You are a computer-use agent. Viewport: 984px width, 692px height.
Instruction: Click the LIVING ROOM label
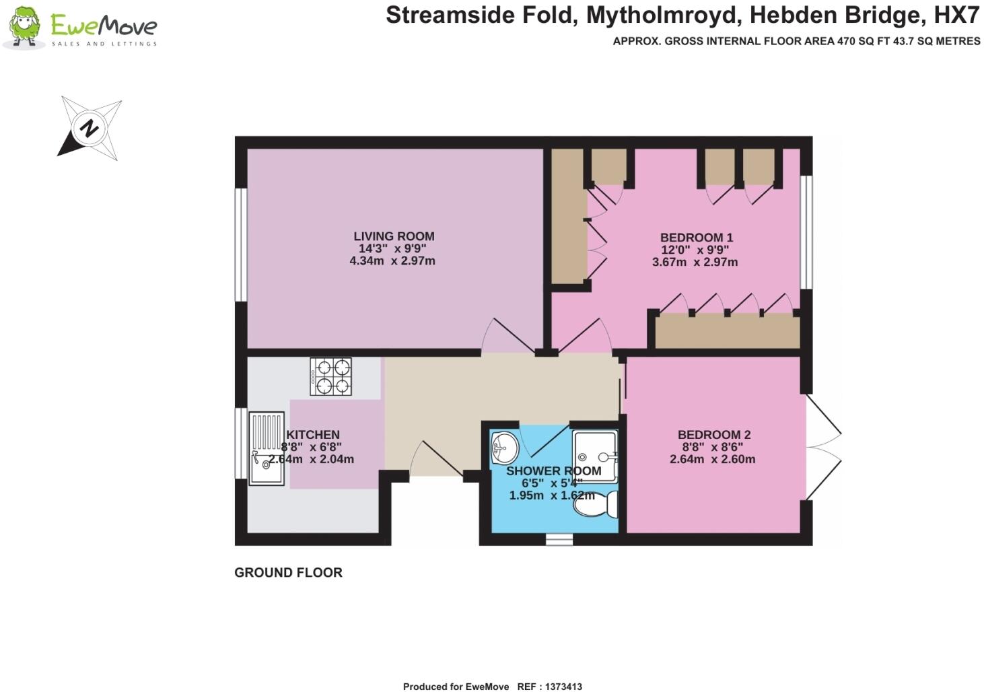(x=394, y=236)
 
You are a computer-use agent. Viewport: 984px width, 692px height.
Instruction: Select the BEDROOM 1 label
(x=696, y=238)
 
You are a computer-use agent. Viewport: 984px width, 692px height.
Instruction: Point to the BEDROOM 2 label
(x=713, y=435)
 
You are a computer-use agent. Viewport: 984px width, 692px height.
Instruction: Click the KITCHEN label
(x=313, y=435)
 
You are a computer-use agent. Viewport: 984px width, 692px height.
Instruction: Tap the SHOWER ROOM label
(x=553, y=471)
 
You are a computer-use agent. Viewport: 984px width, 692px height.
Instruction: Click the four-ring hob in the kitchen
(x=331, y=376)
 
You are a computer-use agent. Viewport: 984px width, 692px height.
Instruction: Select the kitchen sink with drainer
(x=267, y=448)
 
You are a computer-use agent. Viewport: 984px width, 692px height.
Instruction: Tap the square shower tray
(x=594, y=456)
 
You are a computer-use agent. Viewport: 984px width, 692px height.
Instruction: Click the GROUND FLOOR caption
(x=288, y=573)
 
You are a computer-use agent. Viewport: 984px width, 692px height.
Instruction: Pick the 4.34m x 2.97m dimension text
(x=392, y=261)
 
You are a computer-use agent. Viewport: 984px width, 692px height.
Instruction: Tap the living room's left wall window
(x=240, y=244)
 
